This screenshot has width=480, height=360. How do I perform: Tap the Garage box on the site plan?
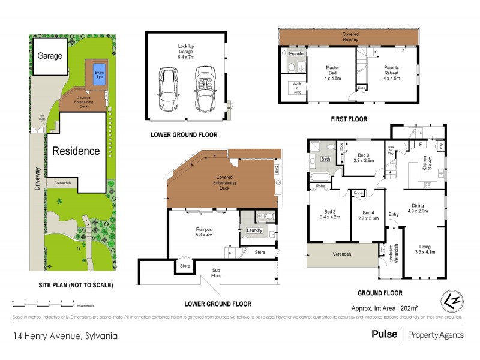50,55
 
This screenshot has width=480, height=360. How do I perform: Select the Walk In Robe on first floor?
296,86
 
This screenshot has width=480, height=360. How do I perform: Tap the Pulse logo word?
384,334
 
